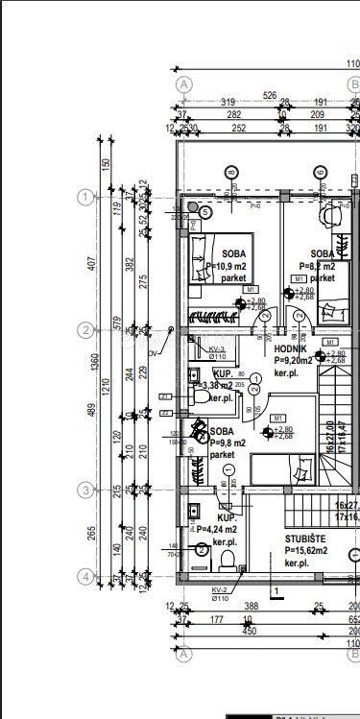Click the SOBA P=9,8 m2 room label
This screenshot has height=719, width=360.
click(x=222, y=443)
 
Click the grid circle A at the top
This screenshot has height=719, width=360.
click(x=185, y=84)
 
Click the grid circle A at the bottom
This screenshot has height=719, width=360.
click(x=185, y=654)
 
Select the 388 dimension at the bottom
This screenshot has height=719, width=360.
click(x=252, y=607)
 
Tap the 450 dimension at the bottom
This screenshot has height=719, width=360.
click(x=249, y=632)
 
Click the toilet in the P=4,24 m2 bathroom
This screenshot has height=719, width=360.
click(x=201, y=550)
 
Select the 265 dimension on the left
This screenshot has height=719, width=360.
click(x=104, y=534)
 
